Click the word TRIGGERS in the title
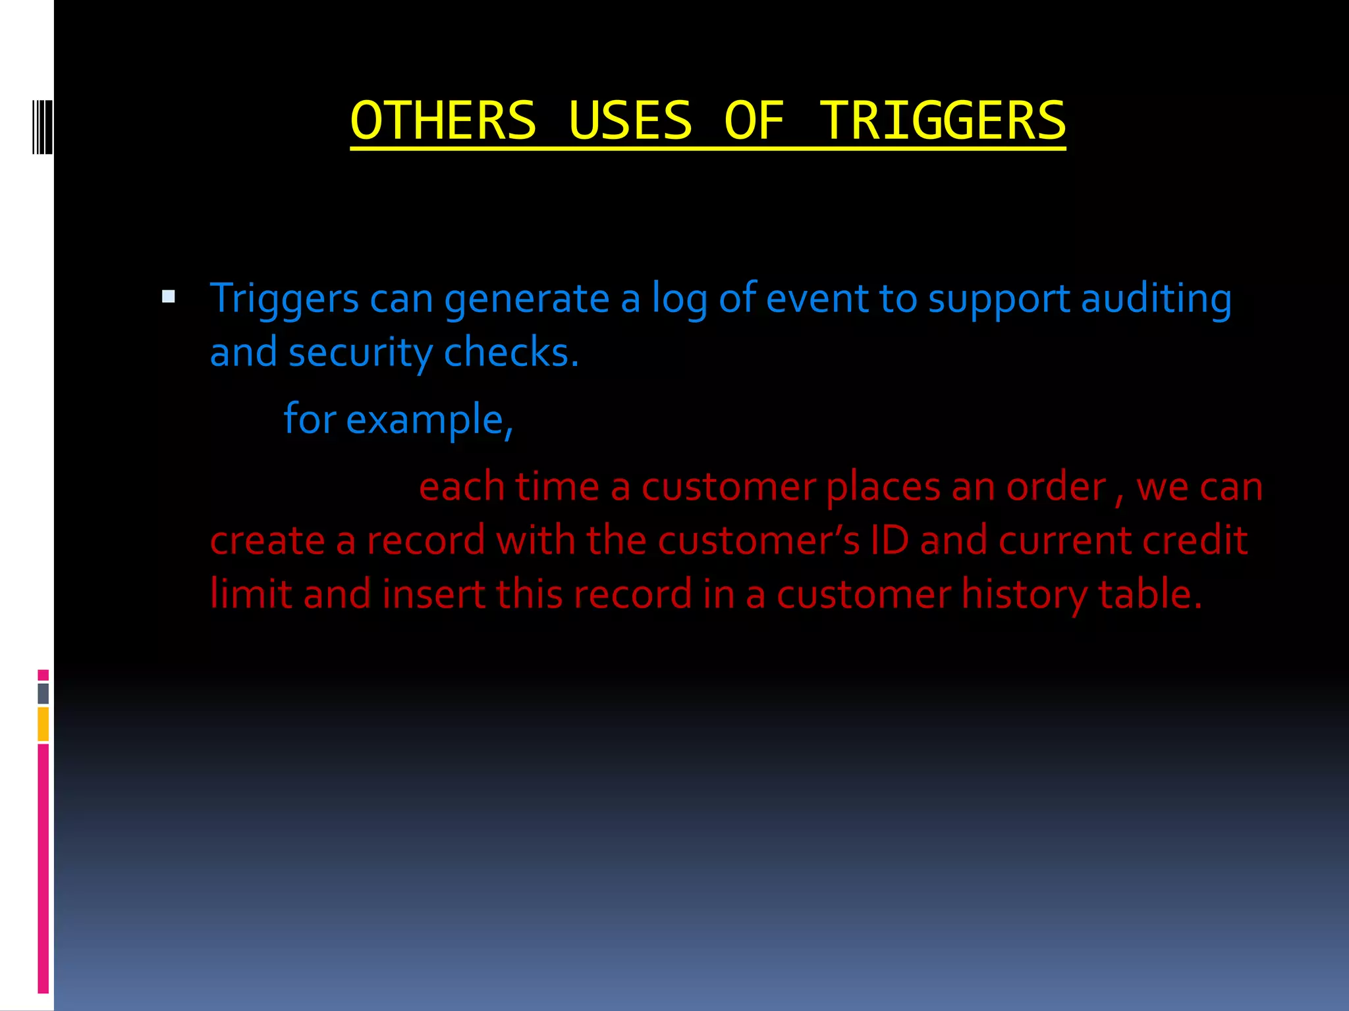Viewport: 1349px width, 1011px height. [x=942, y=121]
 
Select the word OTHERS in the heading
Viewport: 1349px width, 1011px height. [x=443, y=121]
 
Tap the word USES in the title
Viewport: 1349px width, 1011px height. [x=630, y=121]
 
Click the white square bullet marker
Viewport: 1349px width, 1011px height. [x=169, y=297]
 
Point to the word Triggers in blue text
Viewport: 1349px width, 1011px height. [x=284, y=299]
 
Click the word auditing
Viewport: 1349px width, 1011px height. [x=1156, y=299]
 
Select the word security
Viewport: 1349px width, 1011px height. [x=360, y=353]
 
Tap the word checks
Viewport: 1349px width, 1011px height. [x=511, y=353]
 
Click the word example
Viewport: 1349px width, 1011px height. [x=428, y=419]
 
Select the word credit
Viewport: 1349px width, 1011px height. [x=1195, y=540]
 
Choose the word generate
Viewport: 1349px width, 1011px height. [x=526, y=299]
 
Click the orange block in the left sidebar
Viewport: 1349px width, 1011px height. [x=43, y=724]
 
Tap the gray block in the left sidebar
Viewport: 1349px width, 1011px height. [x=43, y=693]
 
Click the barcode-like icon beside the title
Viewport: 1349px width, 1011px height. [x=42, y=126]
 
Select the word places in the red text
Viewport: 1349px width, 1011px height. [x=883, y=487]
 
